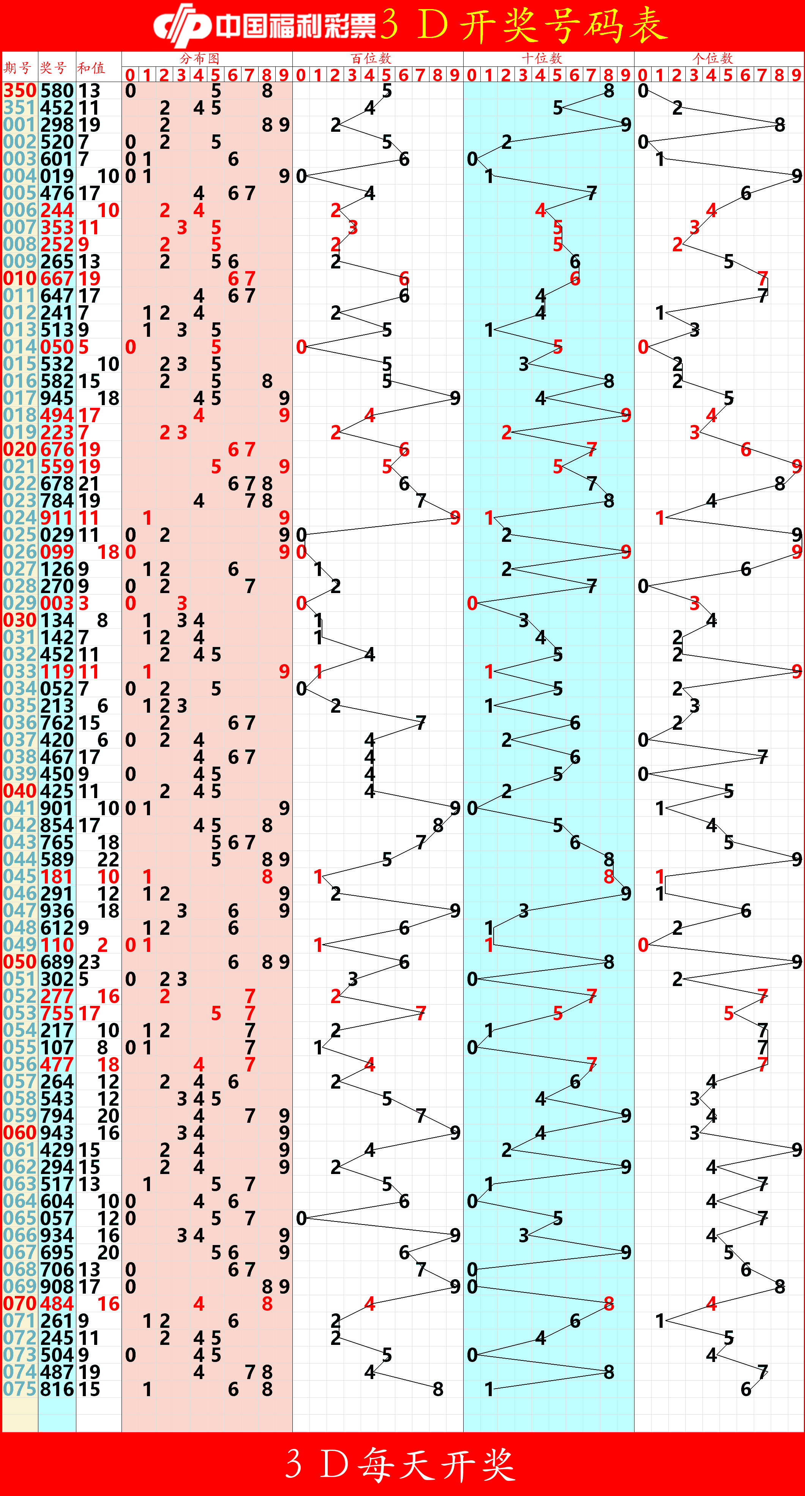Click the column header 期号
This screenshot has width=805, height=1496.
coord(18,68)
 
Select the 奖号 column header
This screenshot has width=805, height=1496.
coord(54,68)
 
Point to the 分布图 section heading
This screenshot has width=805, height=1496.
coord(199,58)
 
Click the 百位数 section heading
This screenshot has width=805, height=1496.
coord(371,58)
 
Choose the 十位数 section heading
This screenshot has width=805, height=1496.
coord(541,58)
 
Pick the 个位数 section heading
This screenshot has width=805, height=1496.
coord(712,58)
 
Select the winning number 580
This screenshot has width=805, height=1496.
coord(57,91)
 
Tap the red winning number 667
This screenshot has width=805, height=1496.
coord(57,279)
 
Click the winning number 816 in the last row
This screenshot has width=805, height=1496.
coord(57,1389)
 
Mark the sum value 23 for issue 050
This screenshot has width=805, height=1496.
coord(90,962)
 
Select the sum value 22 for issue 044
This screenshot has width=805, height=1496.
coord(109,860)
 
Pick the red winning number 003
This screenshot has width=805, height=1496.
coord(57,603)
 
